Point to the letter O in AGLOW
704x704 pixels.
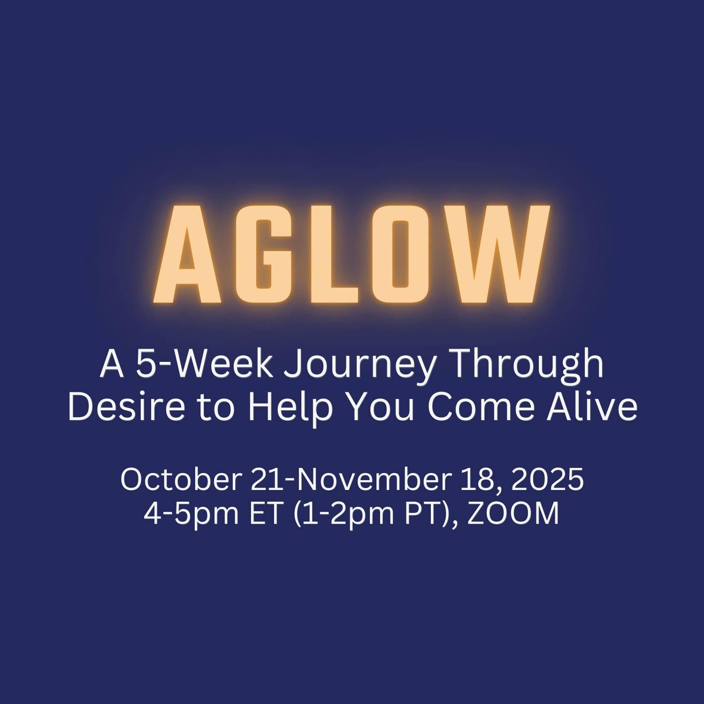click(x=399, y=254)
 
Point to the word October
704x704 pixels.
click(x=181, y=479)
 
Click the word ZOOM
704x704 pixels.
click(x=513, y=514)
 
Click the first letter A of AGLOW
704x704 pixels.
click(x=188, y=254)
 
